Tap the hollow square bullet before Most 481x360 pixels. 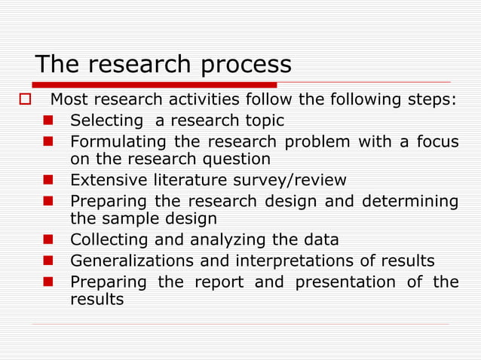coord(23,99)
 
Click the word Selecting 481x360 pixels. coord(106,121)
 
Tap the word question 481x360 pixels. coord(233,159)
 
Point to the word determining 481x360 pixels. coord(410,202)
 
